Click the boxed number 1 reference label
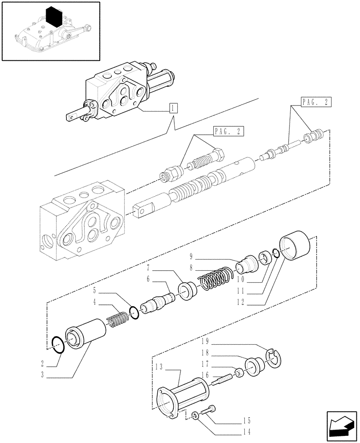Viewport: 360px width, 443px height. coord(173,108)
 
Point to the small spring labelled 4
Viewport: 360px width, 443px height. coord(117,319)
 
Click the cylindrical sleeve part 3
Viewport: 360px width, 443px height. coord(86,334)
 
